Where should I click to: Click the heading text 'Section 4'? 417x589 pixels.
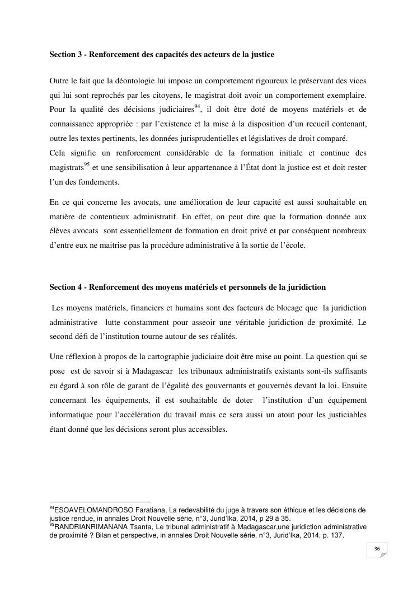click(x=65, y=287)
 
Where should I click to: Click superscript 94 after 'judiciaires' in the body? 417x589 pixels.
click(x=197, y=106)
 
